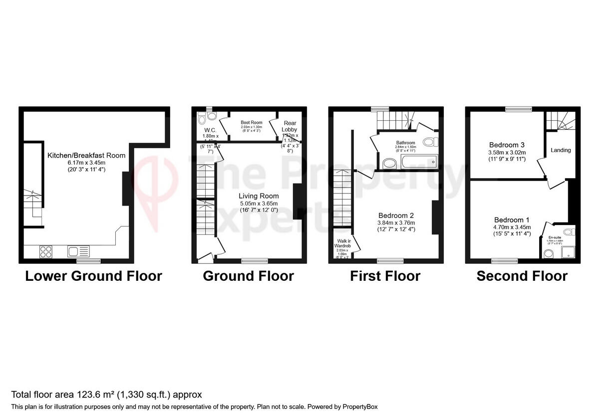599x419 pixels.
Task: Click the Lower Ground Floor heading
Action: pyautogui.click(x=93, y=276)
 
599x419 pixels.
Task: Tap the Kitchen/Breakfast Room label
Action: pyautogui.click(x=86, y=155)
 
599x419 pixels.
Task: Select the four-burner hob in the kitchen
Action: pyautogui.click(x=46, y=252)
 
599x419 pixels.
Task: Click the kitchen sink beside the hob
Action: pyautogui.click(x=78, y=252)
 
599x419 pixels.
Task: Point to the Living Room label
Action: pyautogui.click(x=258, y=196)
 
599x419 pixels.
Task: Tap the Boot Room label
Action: pyautogui.click(x=251, y=122)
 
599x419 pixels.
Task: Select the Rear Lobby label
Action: pyautogui.click(x=290, y=126)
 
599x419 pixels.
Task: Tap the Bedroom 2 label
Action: pyautogui.click(x=397, y=215)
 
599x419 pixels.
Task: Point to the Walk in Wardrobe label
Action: pyautogui.click(x=341, y=243)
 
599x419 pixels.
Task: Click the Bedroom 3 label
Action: pyautogui.click(x=506, y=145)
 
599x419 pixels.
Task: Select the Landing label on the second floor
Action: pyautogui.click(x=561, y=150)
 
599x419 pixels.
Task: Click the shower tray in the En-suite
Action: pyautogui.click(x=568, y=253)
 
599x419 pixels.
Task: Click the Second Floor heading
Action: pyautogui.click(x=522, y=276)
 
